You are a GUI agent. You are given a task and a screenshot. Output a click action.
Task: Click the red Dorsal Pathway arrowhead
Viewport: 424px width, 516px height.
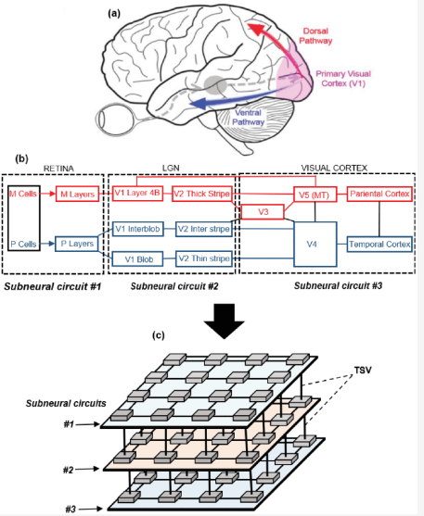click(x=256, y=30)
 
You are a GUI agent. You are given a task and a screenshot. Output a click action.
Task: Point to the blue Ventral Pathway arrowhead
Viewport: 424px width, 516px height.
click(x=199, y=104)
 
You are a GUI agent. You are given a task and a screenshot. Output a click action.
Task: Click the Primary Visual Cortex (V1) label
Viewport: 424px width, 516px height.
click(x=343, y=79)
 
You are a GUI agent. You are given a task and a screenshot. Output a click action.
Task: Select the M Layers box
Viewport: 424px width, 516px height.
click(x=78, y=195)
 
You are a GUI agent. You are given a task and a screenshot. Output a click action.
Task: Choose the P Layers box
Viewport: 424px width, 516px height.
click(x=77, y=244)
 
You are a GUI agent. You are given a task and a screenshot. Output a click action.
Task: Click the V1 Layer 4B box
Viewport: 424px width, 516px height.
click(x=138, y=194)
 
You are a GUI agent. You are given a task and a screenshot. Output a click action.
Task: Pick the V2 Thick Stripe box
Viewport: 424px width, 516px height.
click(x=201, y=194)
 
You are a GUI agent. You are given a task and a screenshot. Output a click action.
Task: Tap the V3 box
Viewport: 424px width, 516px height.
click(x=263, y=212)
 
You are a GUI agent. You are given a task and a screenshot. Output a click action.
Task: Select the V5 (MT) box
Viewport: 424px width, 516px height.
click(x=315, y=195)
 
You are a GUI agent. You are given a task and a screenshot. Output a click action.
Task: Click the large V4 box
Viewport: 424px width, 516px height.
click(x=315, y=245)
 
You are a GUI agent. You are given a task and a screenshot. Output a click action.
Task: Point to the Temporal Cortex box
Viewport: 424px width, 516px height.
click(x=379, y=245)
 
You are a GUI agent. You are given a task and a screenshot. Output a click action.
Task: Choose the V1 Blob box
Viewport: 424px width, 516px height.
click(x=138, y=259)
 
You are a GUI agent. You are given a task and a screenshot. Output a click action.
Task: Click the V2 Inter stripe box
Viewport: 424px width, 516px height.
click(x=204, y=229)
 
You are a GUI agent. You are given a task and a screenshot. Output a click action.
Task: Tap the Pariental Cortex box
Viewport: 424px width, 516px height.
click(x=379, y=194)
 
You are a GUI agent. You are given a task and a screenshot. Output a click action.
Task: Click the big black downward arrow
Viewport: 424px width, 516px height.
click(x=224, y=321)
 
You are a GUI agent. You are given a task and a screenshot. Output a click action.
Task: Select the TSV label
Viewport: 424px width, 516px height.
click(x=363, y=371)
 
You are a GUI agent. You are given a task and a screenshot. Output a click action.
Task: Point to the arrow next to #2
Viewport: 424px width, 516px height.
click(x=87, y=469)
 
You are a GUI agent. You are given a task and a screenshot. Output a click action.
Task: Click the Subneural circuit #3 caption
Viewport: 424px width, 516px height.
click(x=338, y=285)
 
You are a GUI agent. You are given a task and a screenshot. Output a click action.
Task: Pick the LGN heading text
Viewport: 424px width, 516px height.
click(x=171, y=168)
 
